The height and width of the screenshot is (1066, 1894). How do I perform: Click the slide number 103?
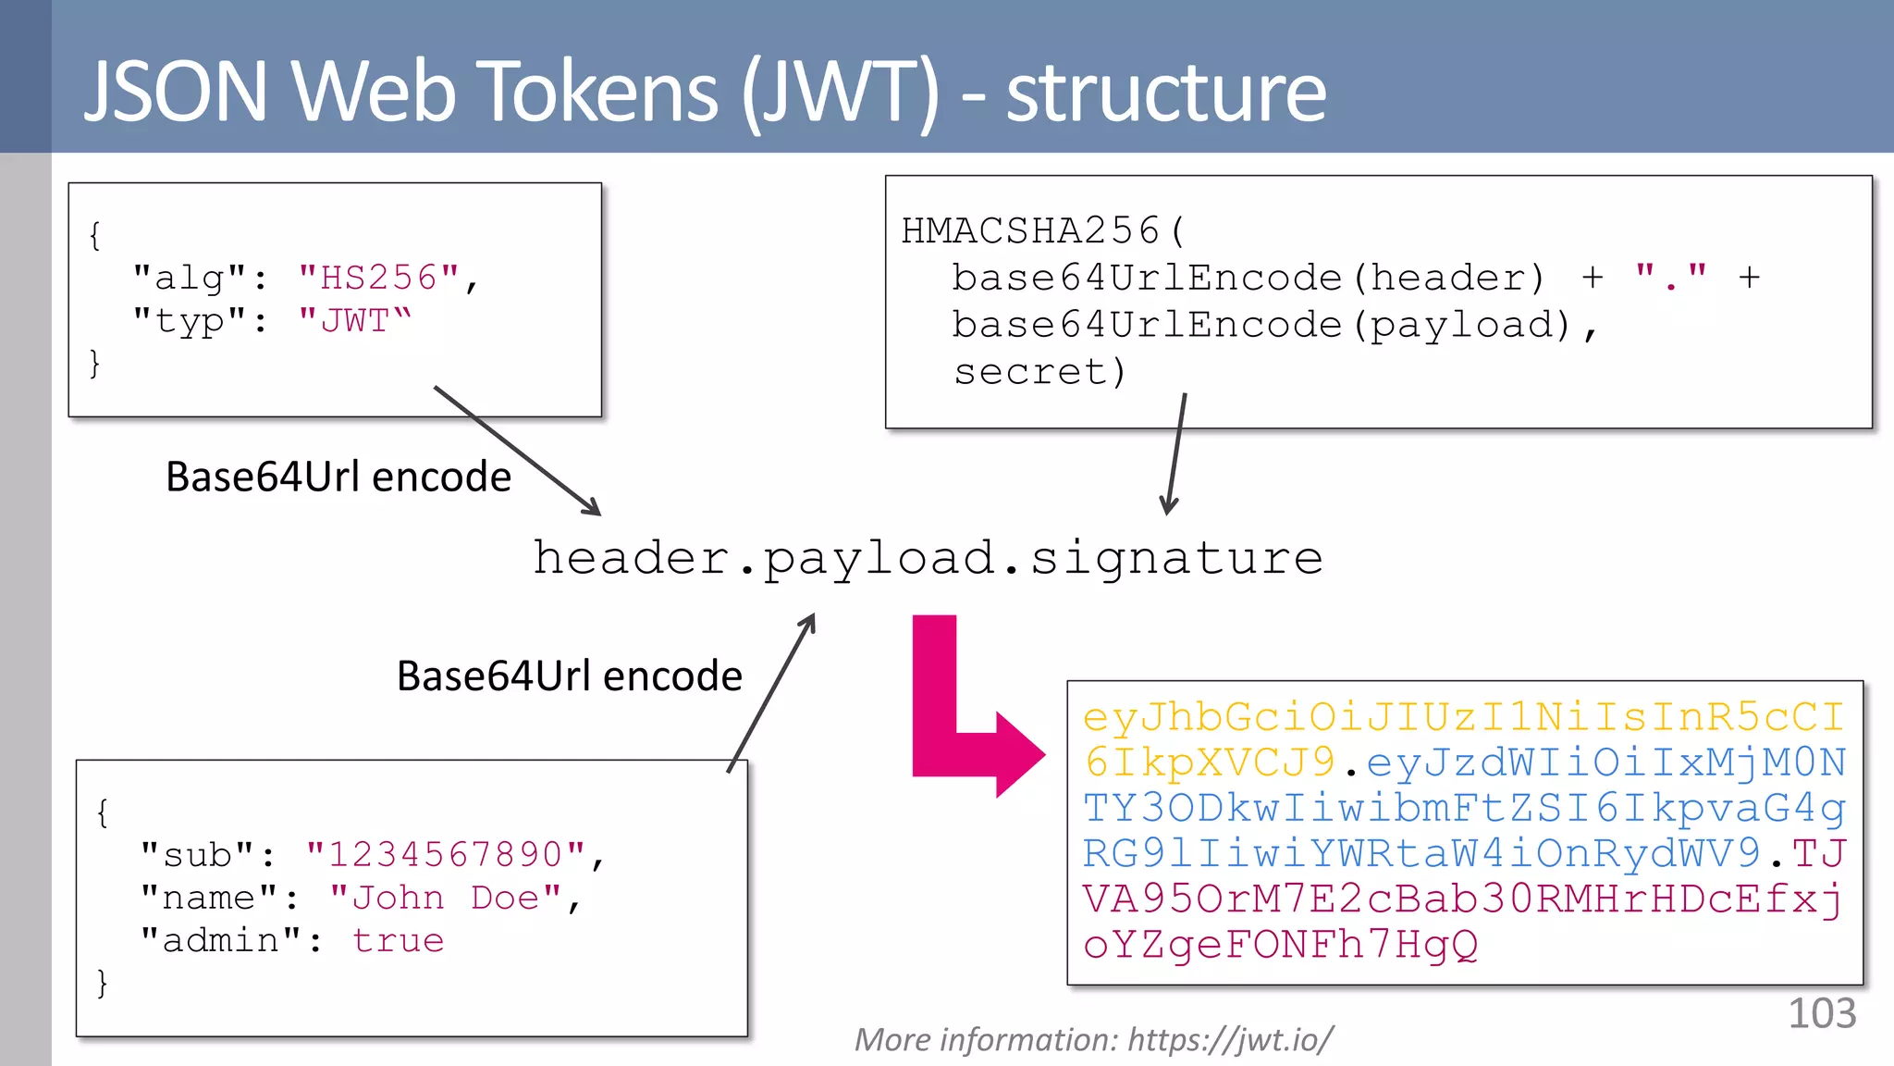point(1821,1013)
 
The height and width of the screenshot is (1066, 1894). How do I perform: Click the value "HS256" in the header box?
point(378,278)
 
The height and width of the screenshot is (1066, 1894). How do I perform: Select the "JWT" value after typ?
point(354,321)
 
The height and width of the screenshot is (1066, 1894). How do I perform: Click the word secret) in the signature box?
point(1039,372)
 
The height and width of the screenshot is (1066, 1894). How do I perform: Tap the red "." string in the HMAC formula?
point(1670,277)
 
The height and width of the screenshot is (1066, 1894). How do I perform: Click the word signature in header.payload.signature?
point(1176,558)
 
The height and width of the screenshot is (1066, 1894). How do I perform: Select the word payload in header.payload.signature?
point(879,559)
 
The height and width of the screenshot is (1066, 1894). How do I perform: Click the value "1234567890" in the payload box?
point(446,854)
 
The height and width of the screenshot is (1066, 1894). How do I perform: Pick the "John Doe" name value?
point(446,898)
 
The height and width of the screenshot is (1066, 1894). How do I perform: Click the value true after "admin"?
point(398,940)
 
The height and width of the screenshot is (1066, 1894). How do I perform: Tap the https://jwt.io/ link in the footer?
point(1230,1040)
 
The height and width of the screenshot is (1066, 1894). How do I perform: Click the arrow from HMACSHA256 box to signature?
point(1175,453)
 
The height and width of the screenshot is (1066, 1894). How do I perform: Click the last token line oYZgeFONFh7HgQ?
point(1281,945)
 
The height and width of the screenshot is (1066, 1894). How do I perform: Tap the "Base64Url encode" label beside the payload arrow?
point(569,676)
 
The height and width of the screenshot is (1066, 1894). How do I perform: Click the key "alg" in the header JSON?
point(191,278)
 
